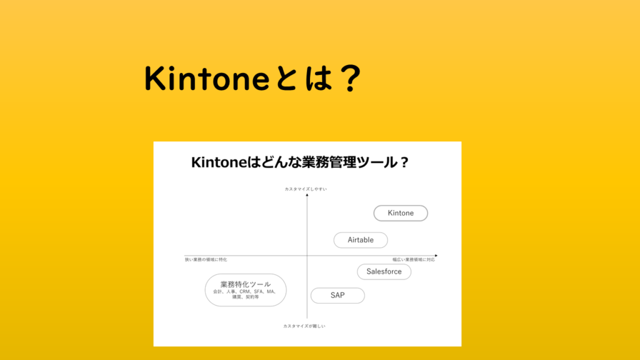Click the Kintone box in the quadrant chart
click(x=401, y=213)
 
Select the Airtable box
click(x=361, y=240)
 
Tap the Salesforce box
click(x=384, y=272)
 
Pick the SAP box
click(x=337, y=296)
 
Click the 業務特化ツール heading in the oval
click(x=246, y=284)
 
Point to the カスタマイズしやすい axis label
click(x=306, y=189)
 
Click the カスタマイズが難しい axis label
click(x=304, y=326)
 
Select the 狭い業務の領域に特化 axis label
click(x=206, y=259)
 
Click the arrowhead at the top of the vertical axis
click(x=307, y=196)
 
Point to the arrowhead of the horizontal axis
click(x=435, y=256)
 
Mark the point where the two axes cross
click(x=307, y=256)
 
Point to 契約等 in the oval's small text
click(x=252, y=297)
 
